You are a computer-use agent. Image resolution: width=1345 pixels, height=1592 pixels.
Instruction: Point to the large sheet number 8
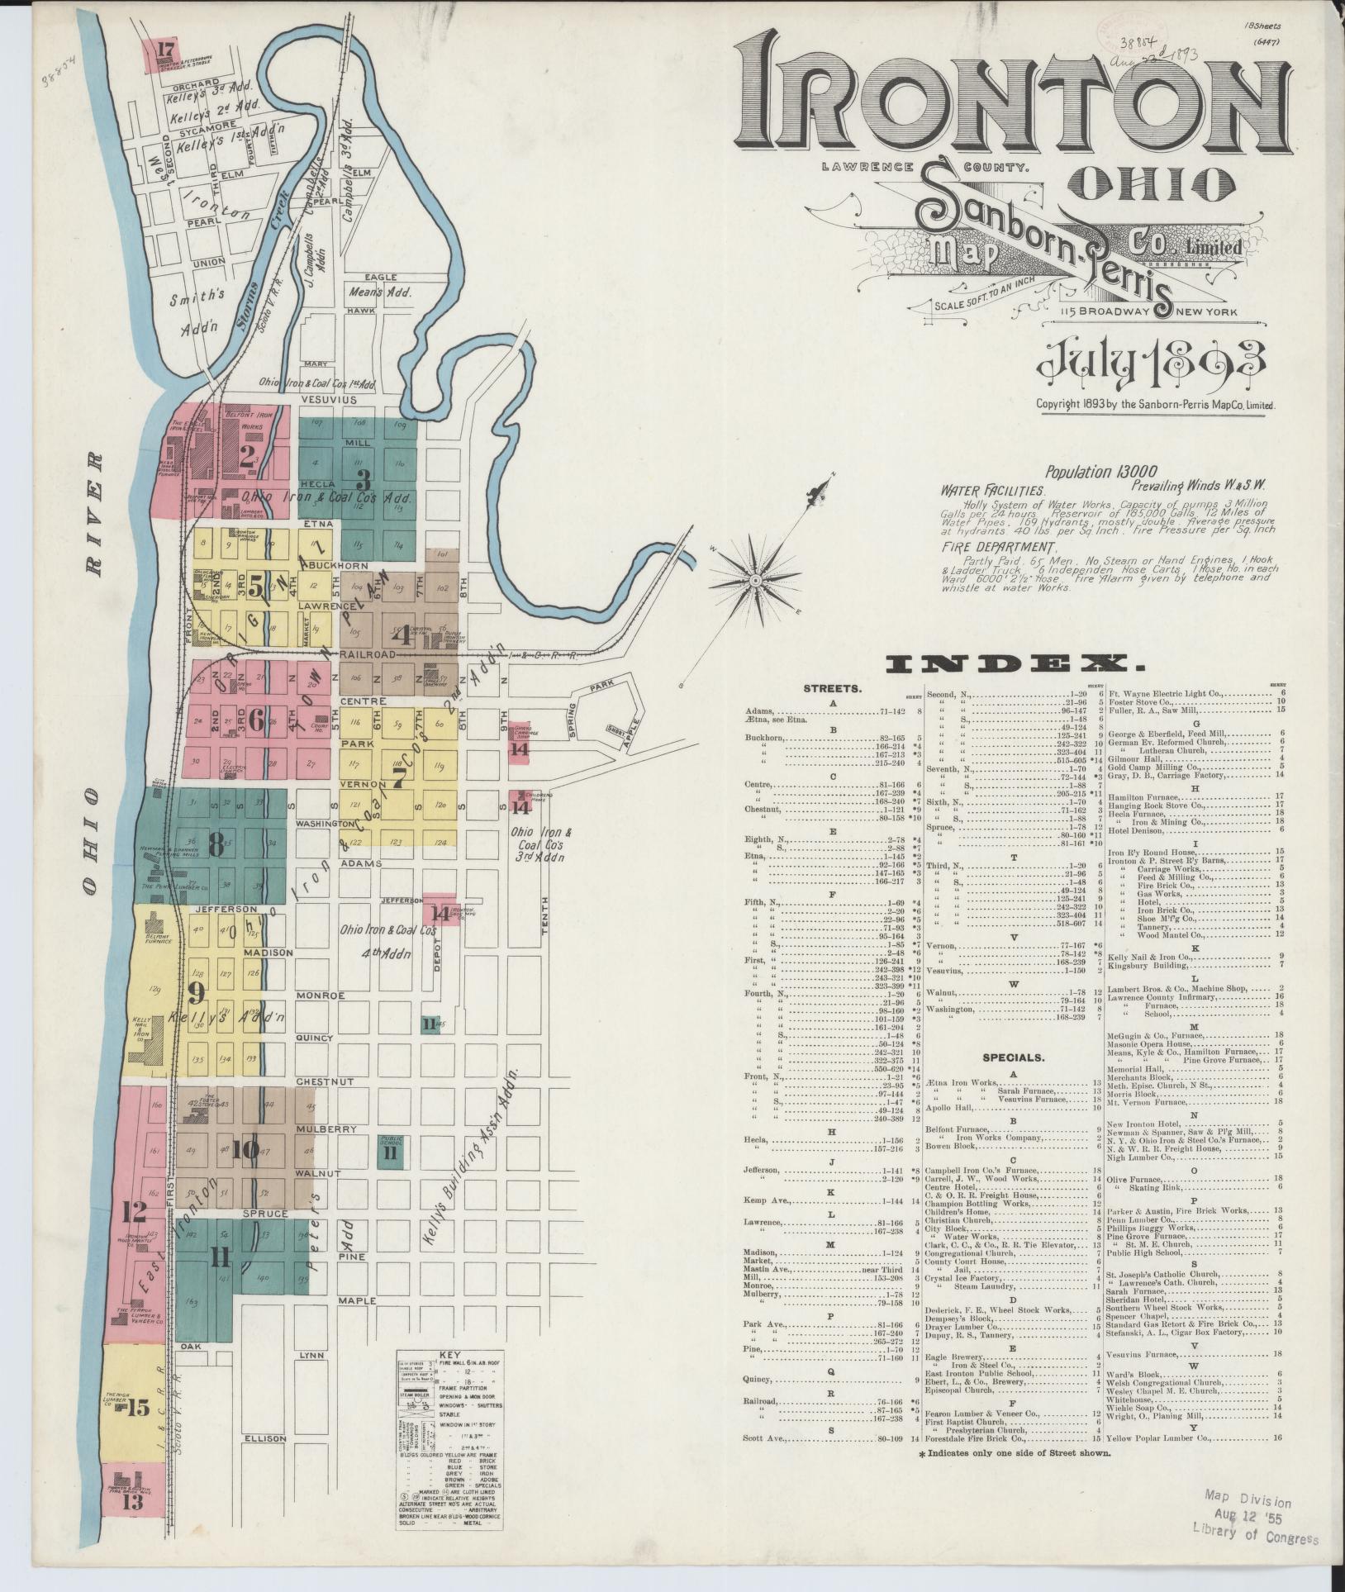(x=216, y=844)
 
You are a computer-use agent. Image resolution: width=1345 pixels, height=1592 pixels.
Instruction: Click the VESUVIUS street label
(x=329, y=400)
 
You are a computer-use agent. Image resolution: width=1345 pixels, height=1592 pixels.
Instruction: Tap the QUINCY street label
(x=315, y=1038)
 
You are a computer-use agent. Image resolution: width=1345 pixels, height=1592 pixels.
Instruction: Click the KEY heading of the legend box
(x=449, y=1356)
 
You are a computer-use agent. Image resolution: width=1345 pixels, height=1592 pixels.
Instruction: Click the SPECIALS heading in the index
(x=1013, y=1057)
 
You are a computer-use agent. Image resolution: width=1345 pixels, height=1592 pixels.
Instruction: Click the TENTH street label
(x=544, y=916)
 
